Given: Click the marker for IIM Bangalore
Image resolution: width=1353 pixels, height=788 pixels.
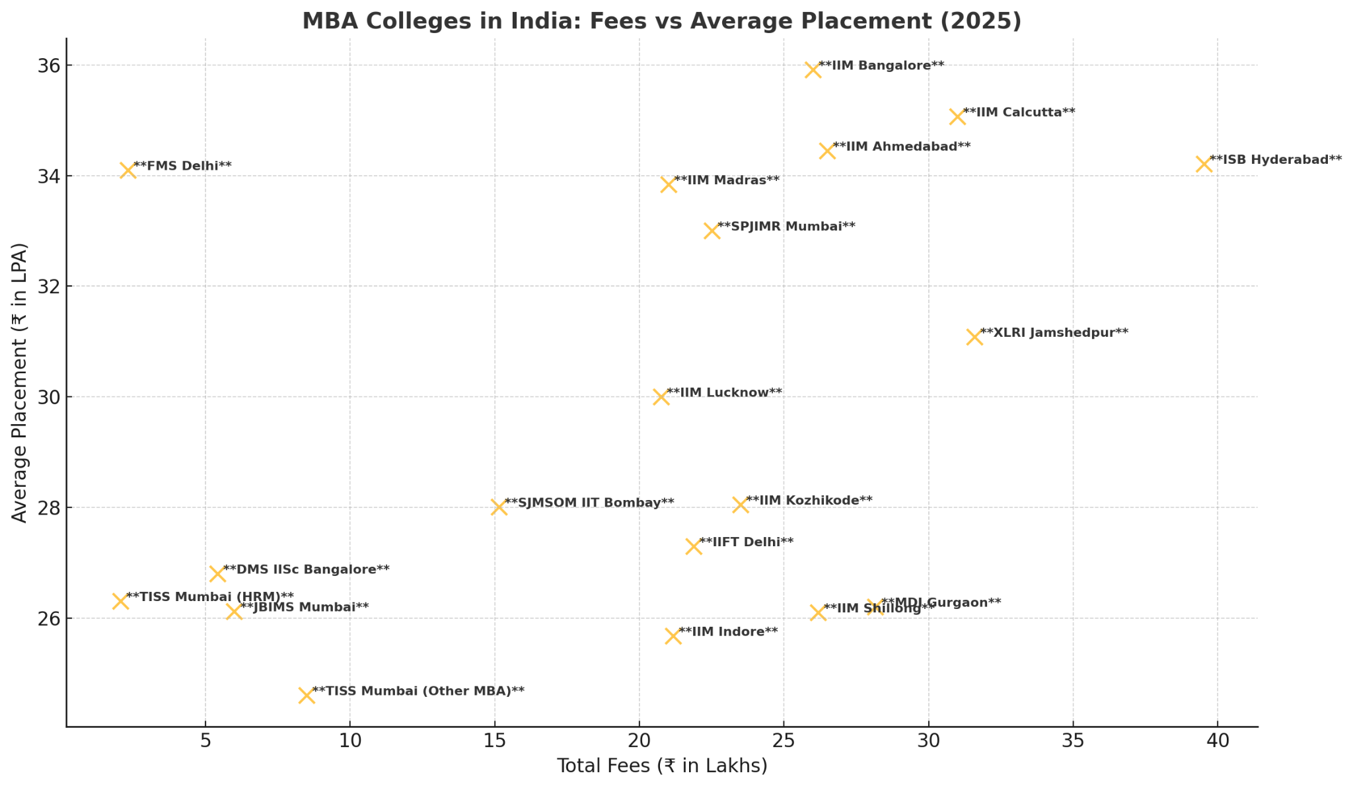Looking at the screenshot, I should [813, 70].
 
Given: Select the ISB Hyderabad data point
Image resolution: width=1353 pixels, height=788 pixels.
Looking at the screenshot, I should [1204, 164].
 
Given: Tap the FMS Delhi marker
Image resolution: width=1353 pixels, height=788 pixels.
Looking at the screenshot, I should [128, 170].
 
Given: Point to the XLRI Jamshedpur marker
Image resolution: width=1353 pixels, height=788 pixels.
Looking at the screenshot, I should [974, 337].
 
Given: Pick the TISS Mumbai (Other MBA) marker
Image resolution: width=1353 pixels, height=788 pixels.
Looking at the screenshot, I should [306, 696].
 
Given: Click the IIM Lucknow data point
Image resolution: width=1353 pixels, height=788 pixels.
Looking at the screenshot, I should [661, 397].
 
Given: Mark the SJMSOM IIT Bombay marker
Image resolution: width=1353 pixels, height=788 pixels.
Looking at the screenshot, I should [499, 507].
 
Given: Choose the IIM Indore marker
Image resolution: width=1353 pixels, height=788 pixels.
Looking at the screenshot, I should [673, 636].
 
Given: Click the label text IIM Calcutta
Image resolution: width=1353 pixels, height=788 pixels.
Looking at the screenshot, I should [1019, 112].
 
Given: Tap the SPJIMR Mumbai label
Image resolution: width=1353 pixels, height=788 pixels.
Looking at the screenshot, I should [786, 227].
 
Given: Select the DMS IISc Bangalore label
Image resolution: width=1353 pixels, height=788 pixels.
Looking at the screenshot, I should [306, 569].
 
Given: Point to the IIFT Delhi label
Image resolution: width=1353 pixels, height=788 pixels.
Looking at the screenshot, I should [746, 542].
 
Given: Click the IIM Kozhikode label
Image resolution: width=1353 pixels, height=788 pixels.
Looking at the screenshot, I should [809, 501].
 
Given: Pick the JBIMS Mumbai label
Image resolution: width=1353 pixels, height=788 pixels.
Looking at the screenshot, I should [304, 607].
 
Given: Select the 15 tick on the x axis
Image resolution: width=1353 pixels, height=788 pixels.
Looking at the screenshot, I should [494, 741].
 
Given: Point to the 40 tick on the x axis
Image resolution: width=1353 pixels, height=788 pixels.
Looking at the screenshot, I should [1218, 741].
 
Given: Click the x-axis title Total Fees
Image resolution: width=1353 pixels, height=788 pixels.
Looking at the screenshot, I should [662, 766].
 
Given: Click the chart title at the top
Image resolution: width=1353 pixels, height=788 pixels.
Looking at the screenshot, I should [662, 21].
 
